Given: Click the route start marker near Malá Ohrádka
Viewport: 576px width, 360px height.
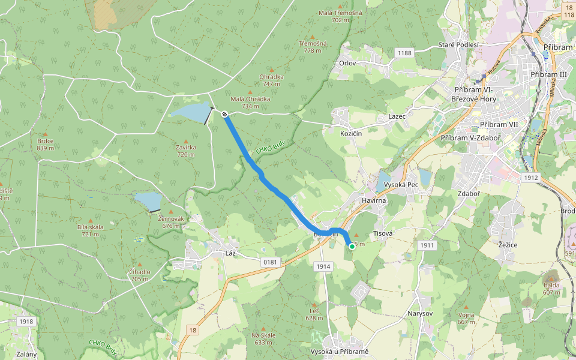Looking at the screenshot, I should (224, 114).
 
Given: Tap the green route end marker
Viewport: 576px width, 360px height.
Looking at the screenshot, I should (352, 246).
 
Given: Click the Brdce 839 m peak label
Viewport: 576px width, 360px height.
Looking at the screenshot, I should (45, 145).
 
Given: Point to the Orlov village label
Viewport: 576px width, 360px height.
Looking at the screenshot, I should (347, 63).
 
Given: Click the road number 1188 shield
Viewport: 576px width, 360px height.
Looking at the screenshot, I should (404, 53).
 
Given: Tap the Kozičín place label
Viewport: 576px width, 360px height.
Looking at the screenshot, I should (351, 133).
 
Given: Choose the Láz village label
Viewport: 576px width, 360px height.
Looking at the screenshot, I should (230, 254).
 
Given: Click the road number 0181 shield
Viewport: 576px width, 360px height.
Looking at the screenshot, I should (270, 262).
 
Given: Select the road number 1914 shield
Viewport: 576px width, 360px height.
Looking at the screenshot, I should (323, 266).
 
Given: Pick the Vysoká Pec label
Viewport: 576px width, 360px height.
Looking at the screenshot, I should (401, 184).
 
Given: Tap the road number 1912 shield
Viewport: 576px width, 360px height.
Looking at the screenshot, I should (530, 178).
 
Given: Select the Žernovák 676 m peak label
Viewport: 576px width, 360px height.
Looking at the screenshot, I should (172, 223).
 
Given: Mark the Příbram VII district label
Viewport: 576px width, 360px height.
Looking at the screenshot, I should (498, 124).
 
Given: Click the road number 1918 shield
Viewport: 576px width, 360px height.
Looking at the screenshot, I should (26, 322).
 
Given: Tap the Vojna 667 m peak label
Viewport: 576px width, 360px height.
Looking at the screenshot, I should (466, 319).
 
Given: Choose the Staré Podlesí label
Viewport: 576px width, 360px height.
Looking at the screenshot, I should (458, 45).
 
